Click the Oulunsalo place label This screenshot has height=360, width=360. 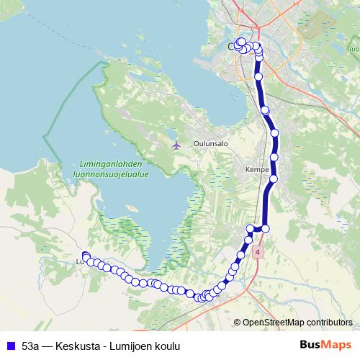click(x=210, y=143)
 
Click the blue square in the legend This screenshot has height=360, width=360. click(x=10, y=346)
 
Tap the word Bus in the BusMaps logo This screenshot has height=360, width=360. click(x=310, y=345)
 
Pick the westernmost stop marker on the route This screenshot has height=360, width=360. click(x=85, y=256)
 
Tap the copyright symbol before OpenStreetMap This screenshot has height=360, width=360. click(x=237, y=323)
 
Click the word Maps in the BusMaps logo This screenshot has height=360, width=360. click(x=338, y=345)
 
